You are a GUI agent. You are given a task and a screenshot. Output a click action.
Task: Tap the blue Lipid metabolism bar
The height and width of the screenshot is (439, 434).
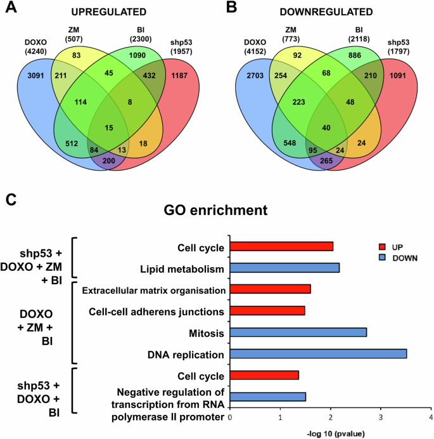click(x=284, y=269)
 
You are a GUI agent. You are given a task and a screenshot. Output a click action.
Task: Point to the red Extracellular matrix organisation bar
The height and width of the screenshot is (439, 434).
click(x=270, y=290)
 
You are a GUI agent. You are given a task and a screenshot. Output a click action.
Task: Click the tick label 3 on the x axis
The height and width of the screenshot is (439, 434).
click(x=380, y=417)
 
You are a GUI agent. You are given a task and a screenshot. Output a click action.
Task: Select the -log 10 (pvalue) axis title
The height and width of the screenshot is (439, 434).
click(x=330, y=433)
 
